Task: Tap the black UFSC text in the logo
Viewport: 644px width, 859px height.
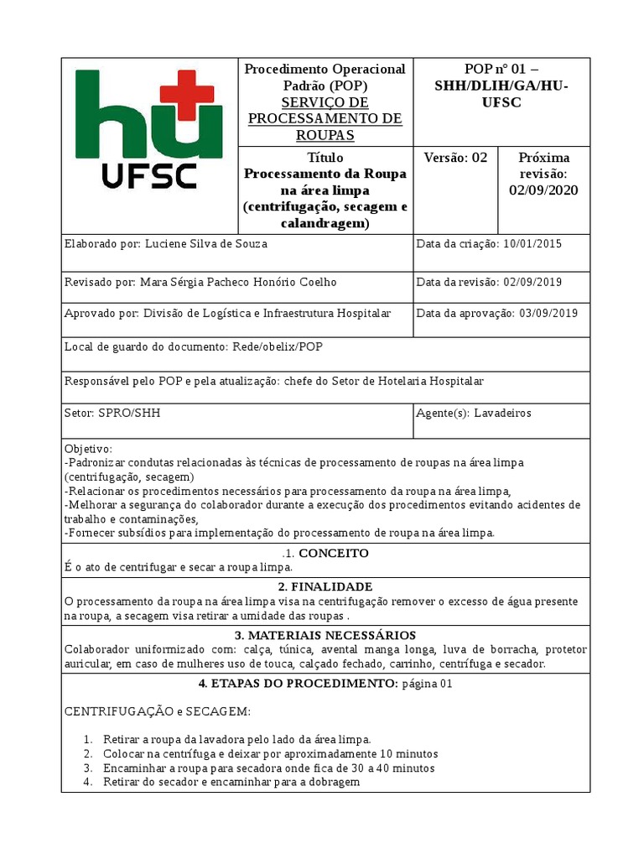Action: [x=148, y=175]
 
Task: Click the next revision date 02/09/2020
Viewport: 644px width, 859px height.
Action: [x=543, y=190]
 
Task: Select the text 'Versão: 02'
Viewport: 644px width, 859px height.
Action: [x=455, y=158]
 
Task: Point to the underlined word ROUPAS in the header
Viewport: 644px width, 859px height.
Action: [x=325, y=135]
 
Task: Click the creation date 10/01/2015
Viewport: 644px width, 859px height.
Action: [x=532, y=244]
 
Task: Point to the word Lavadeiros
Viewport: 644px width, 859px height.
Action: [x=502, y=413]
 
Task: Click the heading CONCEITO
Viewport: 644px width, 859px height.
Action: [x=334, y=554]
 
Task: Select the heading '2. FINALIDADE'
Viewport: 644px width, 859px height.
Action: [x=325, y=586]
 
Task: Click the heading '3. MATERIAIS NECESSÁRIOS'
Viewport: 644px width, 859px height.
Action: [x=325, y=635]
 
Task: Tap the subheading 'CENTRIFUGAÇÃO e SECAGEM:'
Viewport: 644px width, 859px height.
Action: [x=158, y=711]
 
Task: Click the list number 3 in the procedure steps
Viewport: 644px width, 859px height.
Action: [x=88, y=768]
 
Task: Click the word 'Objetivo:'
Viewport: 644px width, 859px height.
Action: [x=88, y=449]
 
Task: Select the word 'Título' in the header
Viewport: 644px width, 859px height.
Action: [x=325, y=158]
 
